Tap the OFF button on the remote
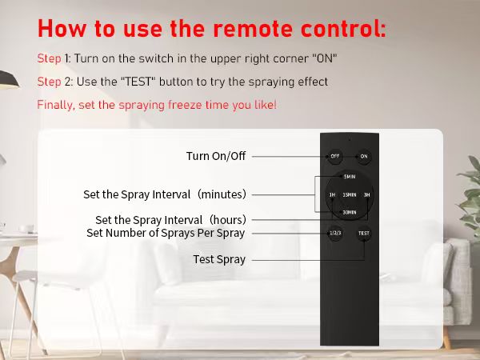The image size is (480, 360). (334, 156)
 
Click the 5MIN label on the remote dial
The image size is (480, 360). (349, 177)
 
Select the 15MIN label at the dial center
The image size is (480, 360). (349, 194)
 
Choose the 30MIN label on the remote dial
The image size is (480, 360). (349, 212)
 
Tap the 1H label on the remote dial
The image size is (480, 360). (331, 194)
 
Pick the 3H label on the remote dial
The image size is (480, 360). (367, 194)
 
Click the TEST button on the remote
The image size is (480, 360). (364, 234)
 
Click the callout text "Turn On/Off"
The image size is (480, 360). (216, 156)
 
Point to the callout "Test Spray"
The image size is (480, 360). (219, 259)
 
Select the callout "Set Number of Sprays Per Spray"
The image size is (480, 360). (166, 233)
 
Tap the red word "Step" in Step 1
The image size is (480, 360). (48, 59)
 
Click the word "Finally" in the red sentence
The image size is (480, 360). (53, 105)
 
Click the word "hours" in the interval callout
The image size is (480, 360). (224, 220)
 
